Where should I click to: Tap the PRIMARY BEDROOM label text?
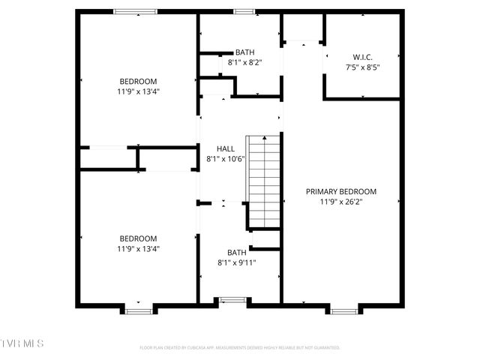tap(341, 191)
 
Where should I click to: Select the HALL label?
tap(226, 148)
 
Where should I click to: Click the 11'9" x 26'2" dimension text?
tap(341, 202)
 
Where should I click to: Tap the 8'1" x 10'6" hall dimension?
tap(226, 159)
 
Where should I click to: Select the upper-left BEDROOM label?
tap(138, 81)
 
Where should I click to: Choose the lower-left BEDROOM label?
tap(138, 238)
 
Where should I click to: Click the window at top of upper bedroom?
tap(136, 11)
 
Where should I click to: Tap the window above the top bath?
tap(244, 11)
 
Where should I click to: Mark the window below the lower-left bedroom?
tap(138, 310)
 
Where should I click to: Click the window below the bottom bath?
tap(232, 301)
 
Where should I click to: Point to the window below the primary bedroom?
tap(344, 310)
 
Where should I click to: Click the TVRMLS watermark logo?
tap(22, 343)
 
